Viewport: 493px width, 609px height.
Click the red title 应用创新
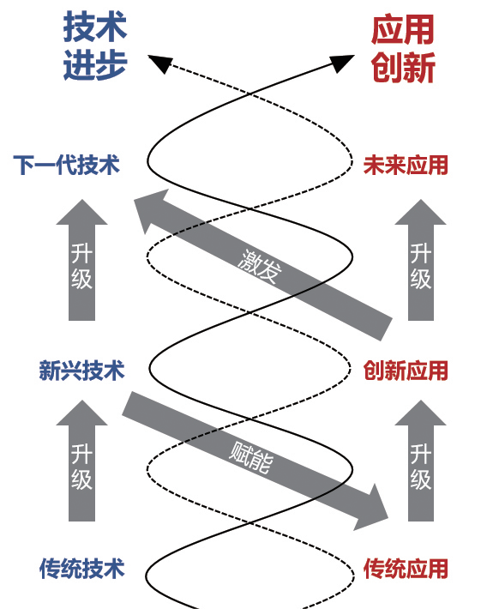[403, 48]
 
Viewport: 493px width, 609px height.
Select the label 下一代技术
[66, 166]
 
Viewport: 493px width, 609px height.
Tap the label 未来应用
[406, 166]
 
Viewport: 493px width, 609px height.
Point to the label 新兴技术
[81, 371]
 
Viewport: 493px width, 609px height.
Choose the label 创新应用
[406, 371]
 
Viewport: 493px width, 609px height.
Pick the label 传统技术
[81, 568]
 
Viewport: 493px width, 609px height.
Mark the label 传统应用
[406, 568]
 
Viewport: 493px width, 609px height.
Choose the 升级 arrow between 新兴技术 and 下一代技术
[81, 262]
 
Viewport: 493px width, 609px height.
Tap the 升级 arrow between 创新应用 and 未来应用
[420, 262]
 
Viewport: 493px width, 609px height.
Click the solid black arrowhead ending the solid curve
[344, 62]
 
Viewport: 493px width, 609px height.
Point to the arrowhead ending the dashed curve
[158, 63]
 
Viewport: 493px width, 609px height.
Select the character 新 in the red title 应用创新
[419, 67]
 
